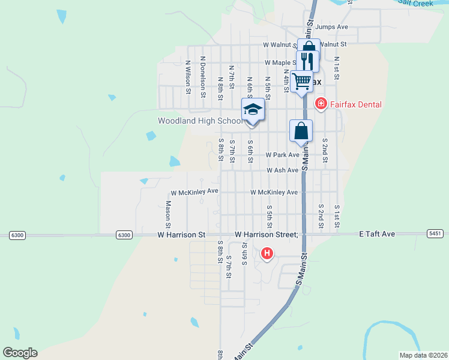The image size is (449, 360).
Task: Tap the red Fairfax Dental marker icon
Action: point(321,104)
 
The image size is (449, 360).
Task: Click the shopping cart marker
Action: point(302,80)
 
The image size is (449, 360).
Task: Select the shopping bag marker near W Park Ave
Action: point(301,131)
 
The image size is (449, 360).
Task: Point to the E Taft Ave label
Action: point(377,233)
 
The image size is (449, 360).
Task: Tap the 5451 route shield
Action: point(436,233)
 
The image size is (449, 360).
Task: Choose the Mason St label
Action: point(168,210)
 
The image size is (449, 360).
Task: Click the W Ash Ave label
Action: point(282,170)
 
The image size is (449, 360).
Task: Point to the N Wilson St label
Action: point(188,77)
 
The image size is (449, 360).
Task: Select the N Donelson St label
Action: point(203,76)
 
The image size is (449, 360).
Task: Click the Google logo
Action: point(20,353)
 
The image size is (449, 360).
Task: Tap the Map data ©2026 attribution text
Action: point(423,355)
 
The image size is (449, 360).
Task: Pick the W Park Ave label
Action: point(283,155)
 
